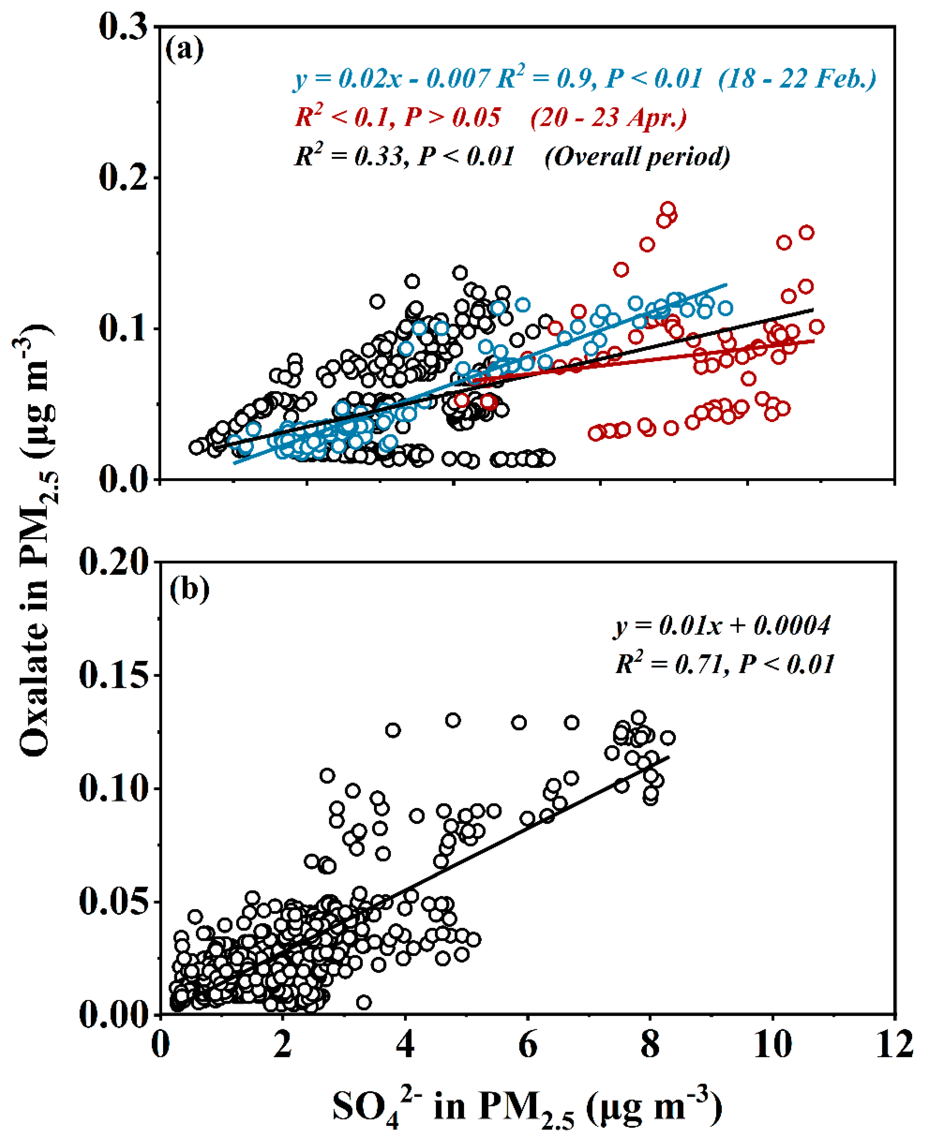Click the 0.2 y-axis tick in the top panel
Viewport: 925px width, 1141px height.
[x=123, y=177]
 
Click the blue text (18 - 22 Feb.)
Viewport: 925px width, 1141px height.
[x=797, y=79]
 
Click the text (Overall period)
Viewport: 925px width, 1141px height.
[x=637, y=157]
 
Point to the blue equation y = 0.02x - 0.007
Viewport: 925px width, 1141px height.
[x=392, y=79]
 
